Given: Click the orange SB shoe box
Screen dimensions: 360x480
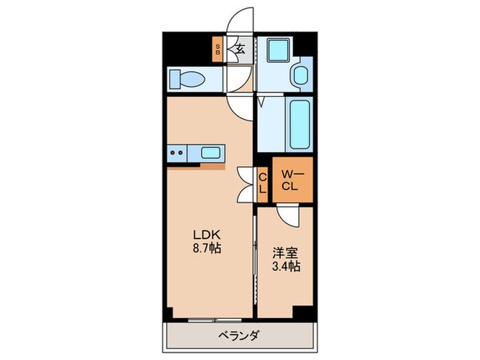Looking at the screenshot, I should (x=218, y=49).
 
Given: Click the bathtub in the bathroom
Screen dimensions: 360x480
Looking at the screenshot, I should (x=301, y=124).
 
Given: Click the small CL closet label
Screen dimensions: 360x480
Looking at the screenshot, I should (x=263, y=184).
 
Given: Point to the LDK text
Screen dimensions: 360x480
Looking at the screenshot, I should (x=205, y=232).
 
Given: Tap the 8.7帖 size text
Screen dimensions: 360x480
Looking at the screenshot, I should (x=205, y=245).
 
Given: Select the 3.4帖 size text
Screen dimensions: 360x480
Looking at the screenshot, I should (x=284, y=267).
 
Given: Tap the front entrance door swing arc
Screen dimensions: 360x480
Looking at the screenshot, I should (x=241, y=21).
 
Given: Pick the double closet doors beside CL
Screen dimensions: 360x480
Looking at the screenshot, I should (x=245, y=184).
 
